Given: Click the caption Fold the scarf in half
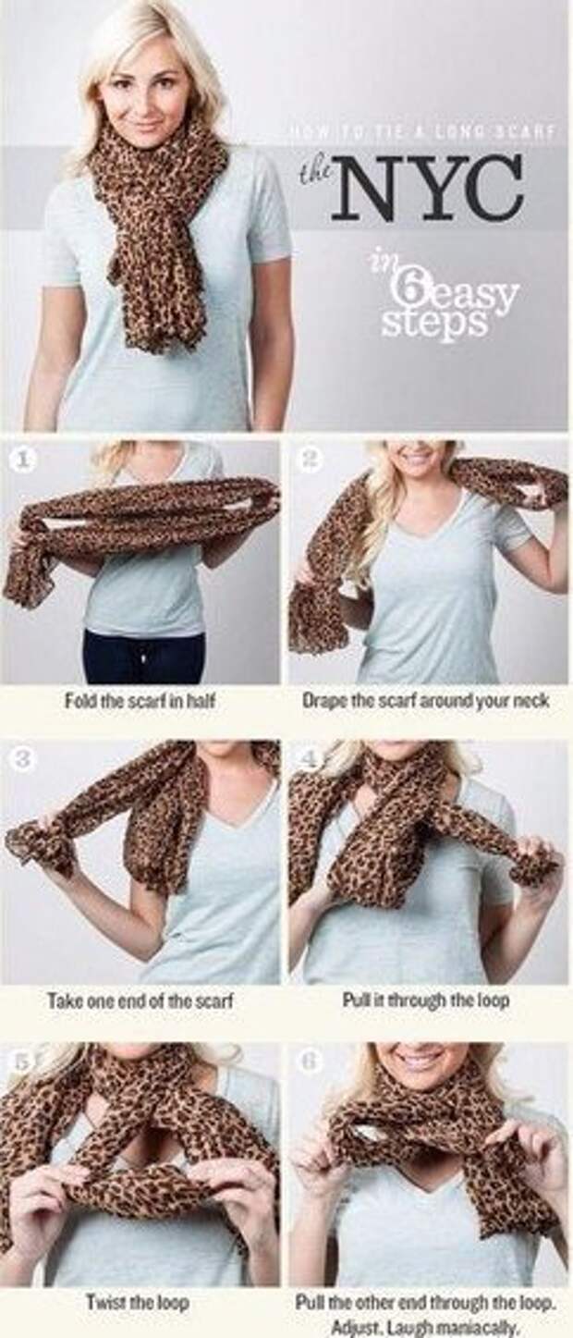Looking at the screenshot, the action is click(140, 700).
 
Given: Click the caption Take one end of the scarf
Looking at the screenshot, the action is click(140, 1000).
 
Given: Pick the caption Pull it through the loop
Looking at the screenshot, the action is click(425, 1000).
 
